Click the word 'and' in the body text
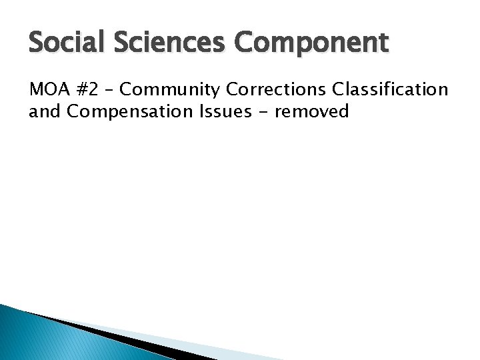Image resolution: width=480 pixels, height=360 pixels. [x=42, y=111]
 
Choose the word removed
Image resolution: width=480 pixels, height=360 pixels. [x=311, y=111]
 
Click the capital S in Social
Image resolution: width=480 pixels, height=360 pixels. [x=36, y=43]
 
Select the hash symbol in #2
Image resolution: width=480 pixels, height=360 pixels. [x=79, y=89]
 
